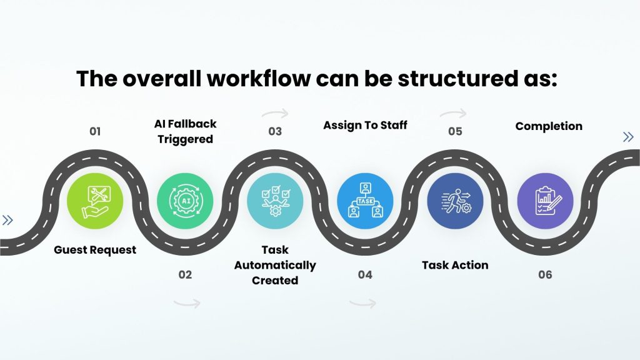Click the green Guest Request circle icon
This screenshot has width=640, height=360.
[x=95, y=201]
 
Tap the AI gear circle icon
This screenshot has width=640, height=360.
[x=185, y=201]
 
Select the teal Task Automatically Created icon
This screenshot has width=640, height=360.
[x=275, y=201]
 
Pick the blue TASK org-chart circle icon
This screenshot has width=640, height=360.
[x=365, y=201]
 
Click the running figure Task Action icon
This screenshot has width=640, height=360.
[x=456, y=201]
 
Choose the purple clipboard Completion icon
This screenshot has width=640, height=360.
[x=545, y=201]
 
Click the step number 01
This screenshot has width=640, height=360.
[x=95, y=131]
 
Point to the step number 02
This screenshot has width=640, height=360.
[x=185, y=275]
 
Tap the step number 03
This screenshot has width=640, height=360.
[x=275, y=131]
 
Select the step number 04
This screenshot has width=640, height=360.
[x=365, y=275]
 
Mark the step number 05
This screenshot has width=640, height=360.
[x=456, y=131]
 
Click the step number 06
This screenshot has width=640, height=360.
[x=545, y=275]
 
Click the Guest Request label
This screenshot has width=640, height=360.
[x=95, y=250]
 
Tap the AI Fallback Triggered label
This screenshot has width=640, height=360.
[x=185, y=131]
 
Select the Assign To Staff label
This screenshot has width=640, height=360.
[x=365, y=125]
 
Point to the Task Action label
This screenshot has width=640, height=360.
[x=455, y=265]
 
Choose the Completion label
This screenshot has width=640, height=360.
[x=549, y=126]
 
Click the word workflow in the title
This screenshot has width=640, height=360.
[x=259, y=78]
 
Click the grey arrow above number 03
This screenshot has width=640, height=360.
[x=276, y=113]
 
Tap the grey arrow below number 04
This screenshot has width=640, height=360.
[x=363, y=303]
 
